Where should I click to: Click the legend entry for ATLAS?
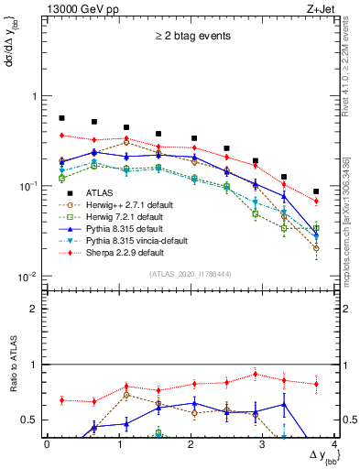point(99,192)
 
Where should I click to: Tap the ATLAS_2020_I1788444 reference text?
point(188,275)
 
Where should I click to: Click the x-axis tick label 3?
point(263,444)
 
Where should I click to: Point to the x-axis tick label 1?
point(118,444)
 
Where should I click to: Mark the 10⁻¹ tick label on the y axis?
point(27,186)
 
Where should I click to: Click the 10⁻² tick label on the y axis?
point(27,277)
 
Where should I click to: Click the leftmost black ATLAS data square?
point(61,118)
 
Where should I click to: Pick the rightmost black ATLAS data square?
point(316,191)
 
